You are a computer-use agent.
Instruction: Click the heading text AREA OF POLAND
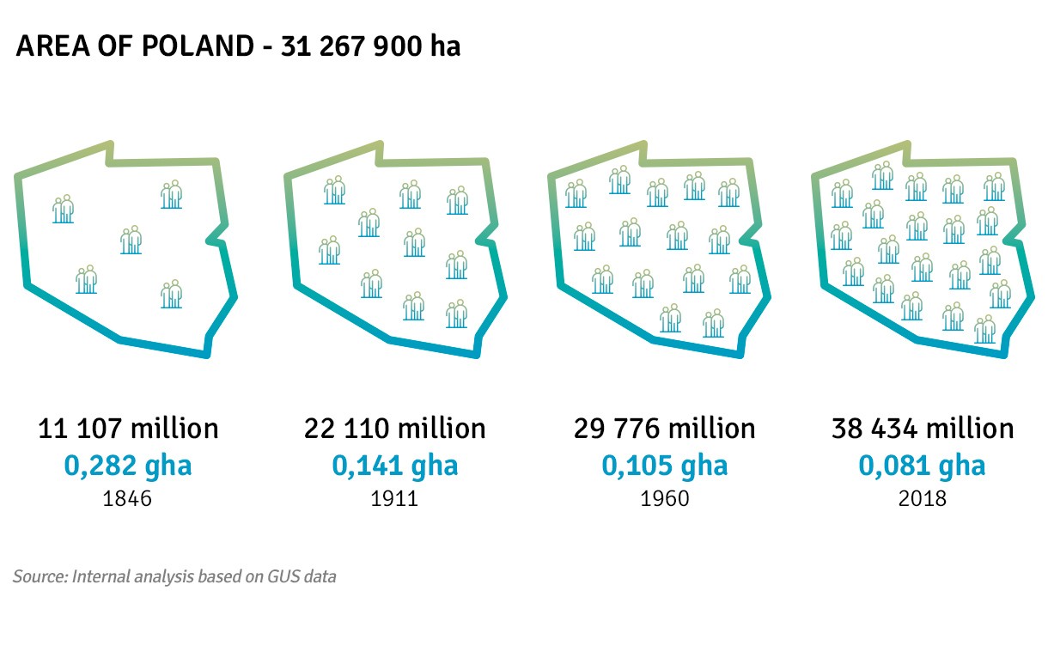[x=133, y=46]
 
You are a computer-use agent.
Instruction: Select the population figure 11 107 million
[x=128, y=428]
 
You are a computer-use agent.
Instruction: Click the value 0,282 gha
[x=128, y=466]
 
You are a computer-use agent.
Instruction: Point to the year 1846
[x=127, y=498]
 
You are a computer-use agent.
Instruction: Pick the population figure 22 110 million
[x=394, y=428]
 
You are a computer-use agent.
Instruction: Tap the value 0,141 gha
[x=395, y=466]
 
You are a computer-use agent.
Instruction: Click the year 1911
[x=394, y=498]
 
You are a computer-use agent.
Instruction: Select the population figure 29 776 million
[x=664, y=428]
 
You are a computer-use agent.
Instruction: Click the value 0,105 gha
[x=664, y=466]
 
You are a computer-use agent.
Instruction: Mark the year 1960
[x=664, y=498]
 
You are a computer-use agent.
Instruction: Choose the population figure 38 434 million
[x=923, y=428]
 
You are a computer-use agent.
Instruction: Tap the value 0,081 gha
[x=923, y=466]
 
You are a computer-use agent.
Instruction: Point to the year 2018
[x=923, y=498]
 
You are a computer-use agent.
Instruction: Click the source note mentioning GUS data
[x=174, y=576]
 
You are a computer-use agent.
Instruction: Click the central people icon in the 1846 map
[x=131, y=240]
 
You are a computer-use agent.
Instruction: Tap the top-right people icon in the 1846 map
[x=172, y=195]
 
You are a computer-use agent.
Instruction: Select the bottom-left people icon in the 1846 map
[x=86, y=280]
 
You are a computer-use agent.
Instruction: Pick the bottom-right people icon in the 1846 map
[x=172, y=294]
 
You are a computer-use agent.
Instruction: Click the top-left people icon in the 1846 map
[x=63, y=209]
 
